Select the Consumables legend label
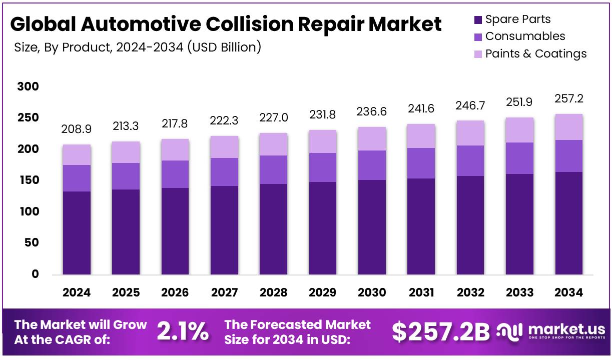point(525,36)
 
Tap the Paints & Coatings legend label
point(536,53)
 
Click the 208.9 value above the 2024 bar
point(76,130)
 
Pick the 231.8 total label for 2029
point(323,114)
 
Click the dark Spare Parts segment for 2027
point(224,230)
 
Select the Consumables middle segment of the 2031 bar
point(421,163)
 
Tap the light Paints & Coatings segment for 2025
point(126,152)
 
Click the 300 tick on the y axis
point(28,87)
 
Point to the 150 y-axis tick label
point(28,180)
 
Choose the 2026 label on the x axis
point(175,293)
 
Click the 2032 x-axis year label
point(470,293)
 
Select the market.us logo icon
point(510,331)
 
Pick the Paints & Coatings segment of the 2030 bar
point(372,138)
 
